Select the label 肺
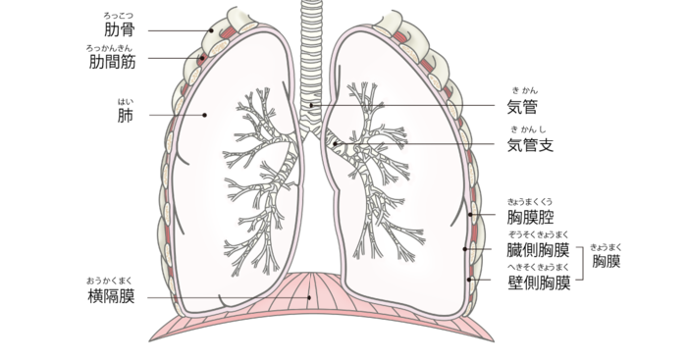tap(125, 116)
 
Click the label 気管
tap(522, 106)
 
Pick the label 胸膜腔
tap(531, 216)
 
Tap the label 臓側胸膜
tap(539, 250)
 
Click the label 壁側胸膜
tap(539, 283)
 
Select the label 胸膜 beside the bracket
tap(607, 262)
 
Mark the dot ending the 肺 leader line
tap(204, 115)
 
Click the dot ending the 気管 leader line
tap(312, 105)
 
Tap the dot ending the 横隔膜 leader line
tap(310, 297)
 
